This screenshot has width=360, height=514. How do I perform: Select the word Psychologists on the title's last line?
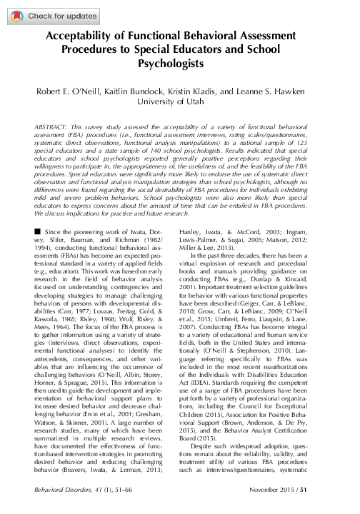point(179,65)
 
